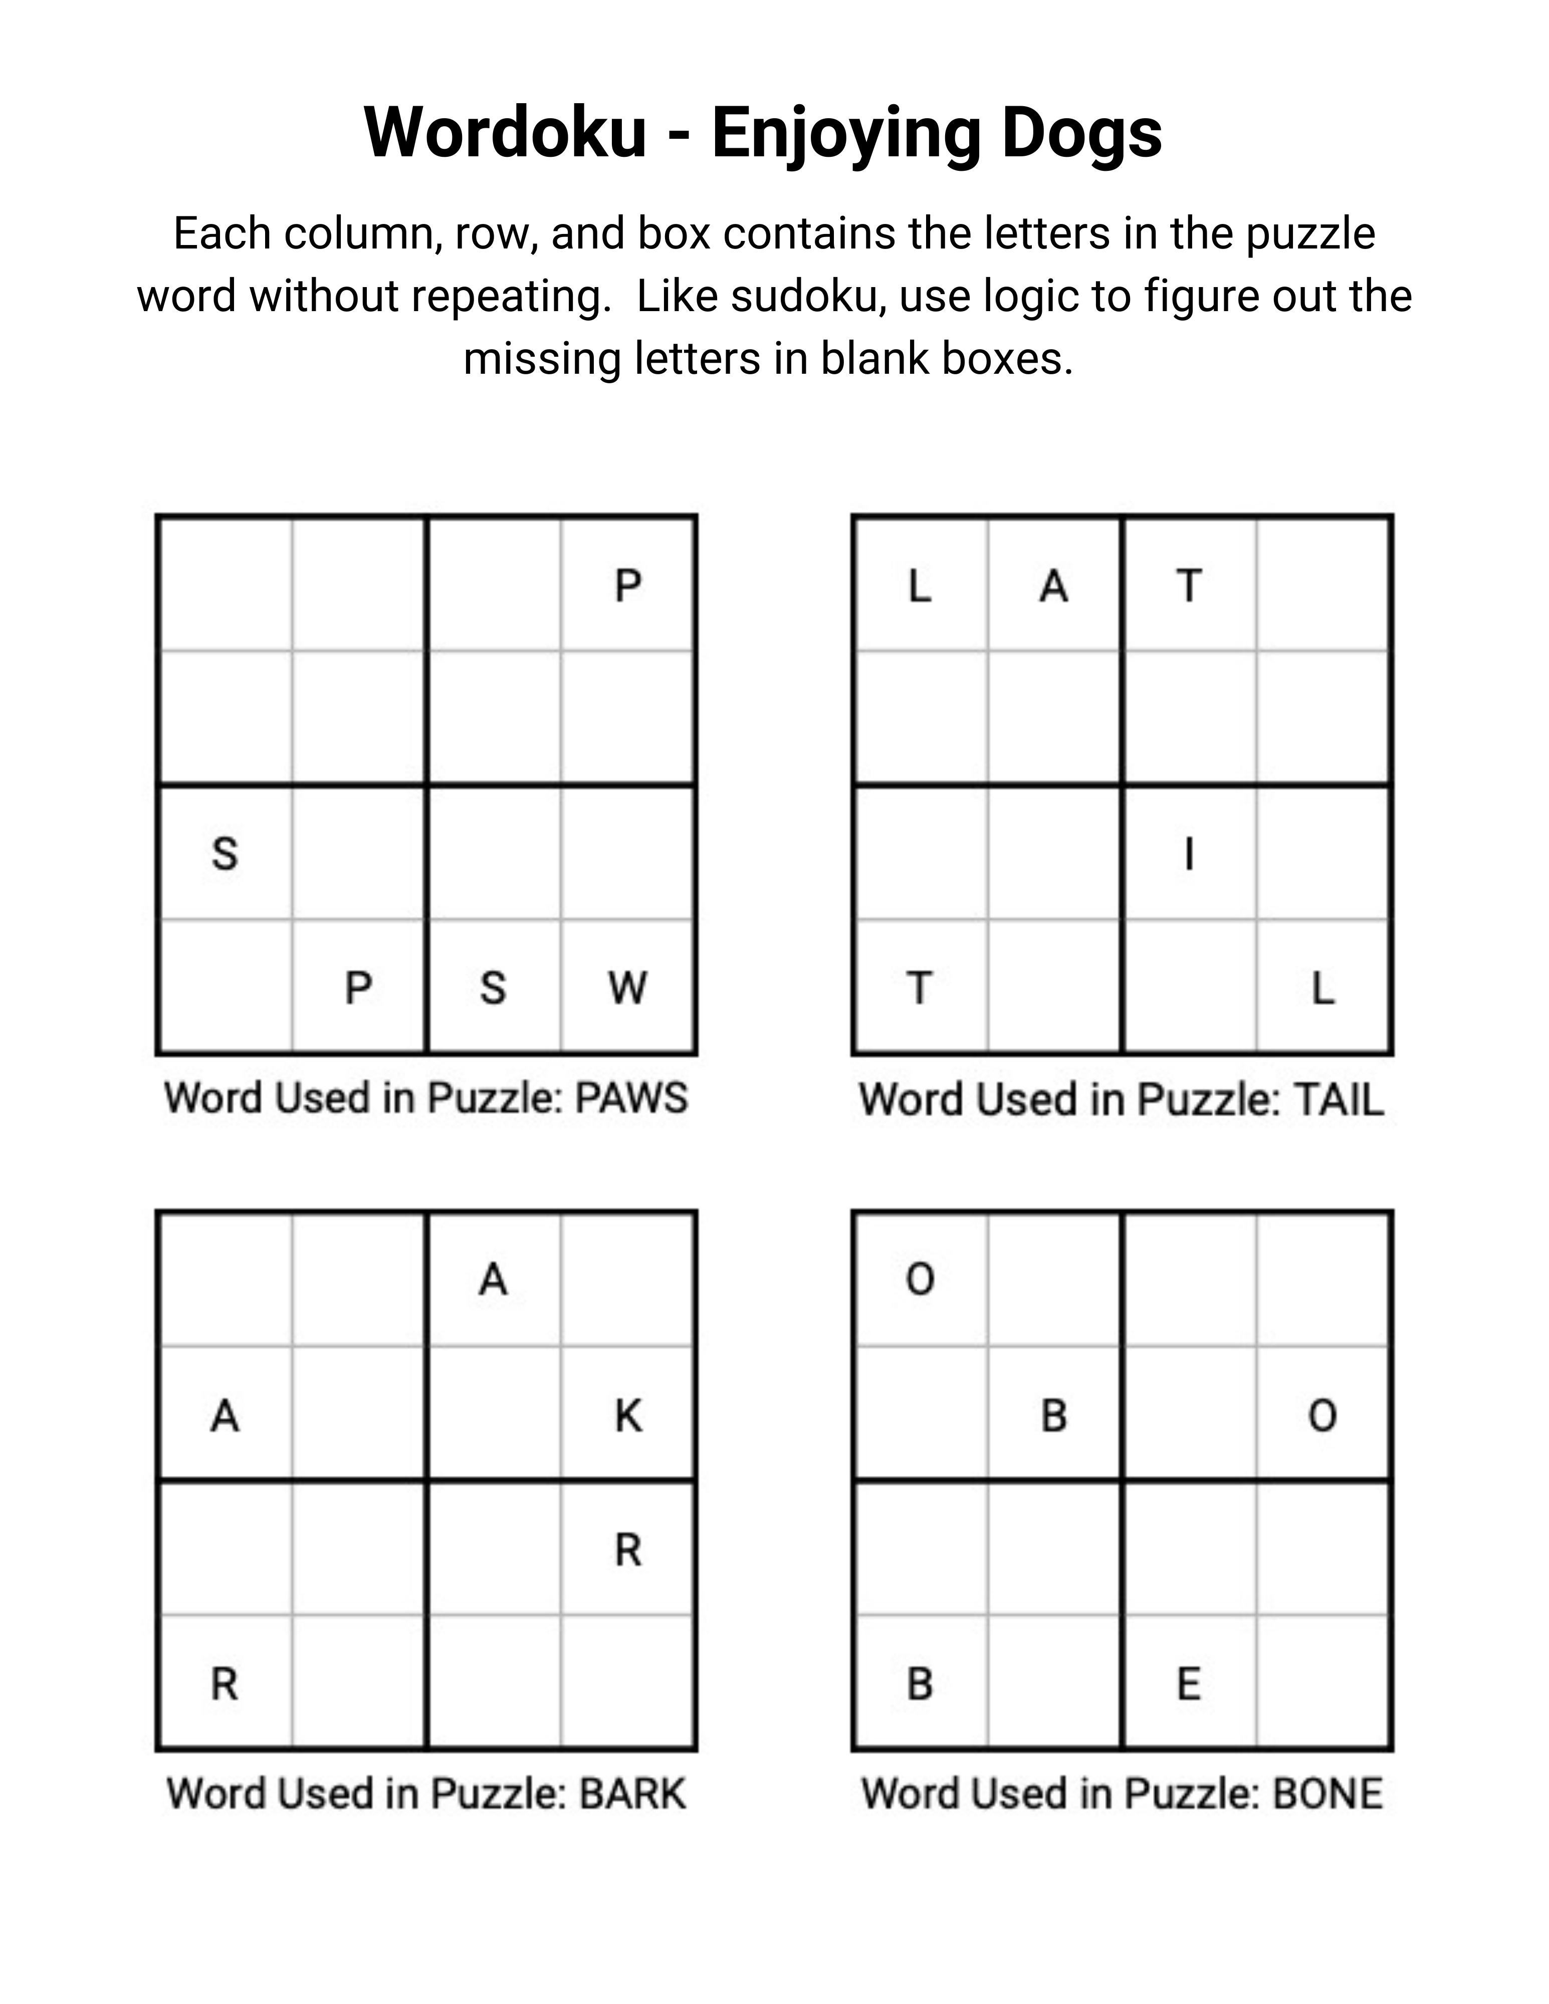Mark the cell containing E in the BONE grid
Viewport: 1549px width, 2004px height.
coord(1188,1683)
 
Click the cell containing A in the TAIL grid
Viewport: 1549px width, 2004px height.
coord(1053,585)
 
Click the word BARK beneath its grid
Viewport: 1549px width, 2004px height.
coord(632,1793)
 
